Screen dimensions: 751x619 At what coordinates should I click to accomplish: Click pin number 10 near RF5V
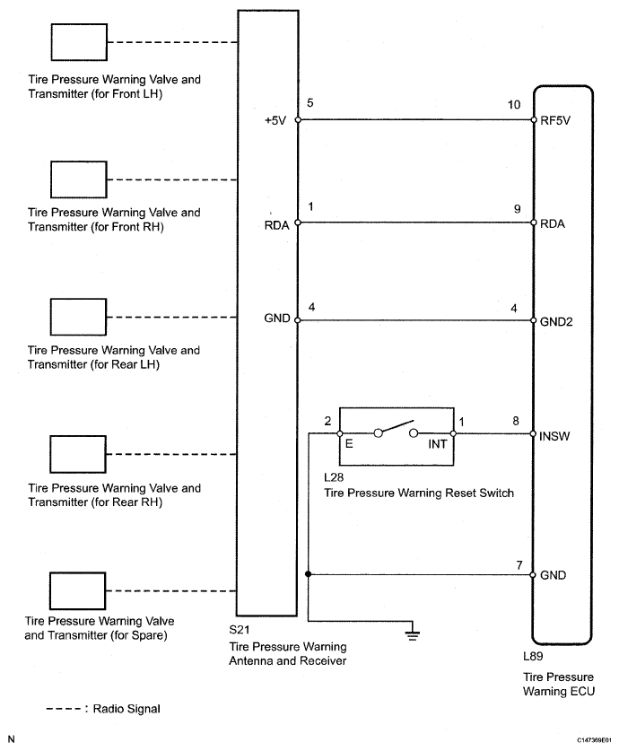click(x=514, y=104)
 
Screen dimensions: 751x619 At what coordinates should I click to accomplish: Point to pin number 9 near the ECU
click(x=517, y=207)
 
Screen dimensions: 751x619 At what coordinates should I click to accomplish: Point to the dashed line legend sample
click(x=65, y=709)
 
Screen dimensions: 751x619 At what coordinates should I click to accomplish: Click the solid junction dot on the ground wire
click(x=308, y=574)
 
